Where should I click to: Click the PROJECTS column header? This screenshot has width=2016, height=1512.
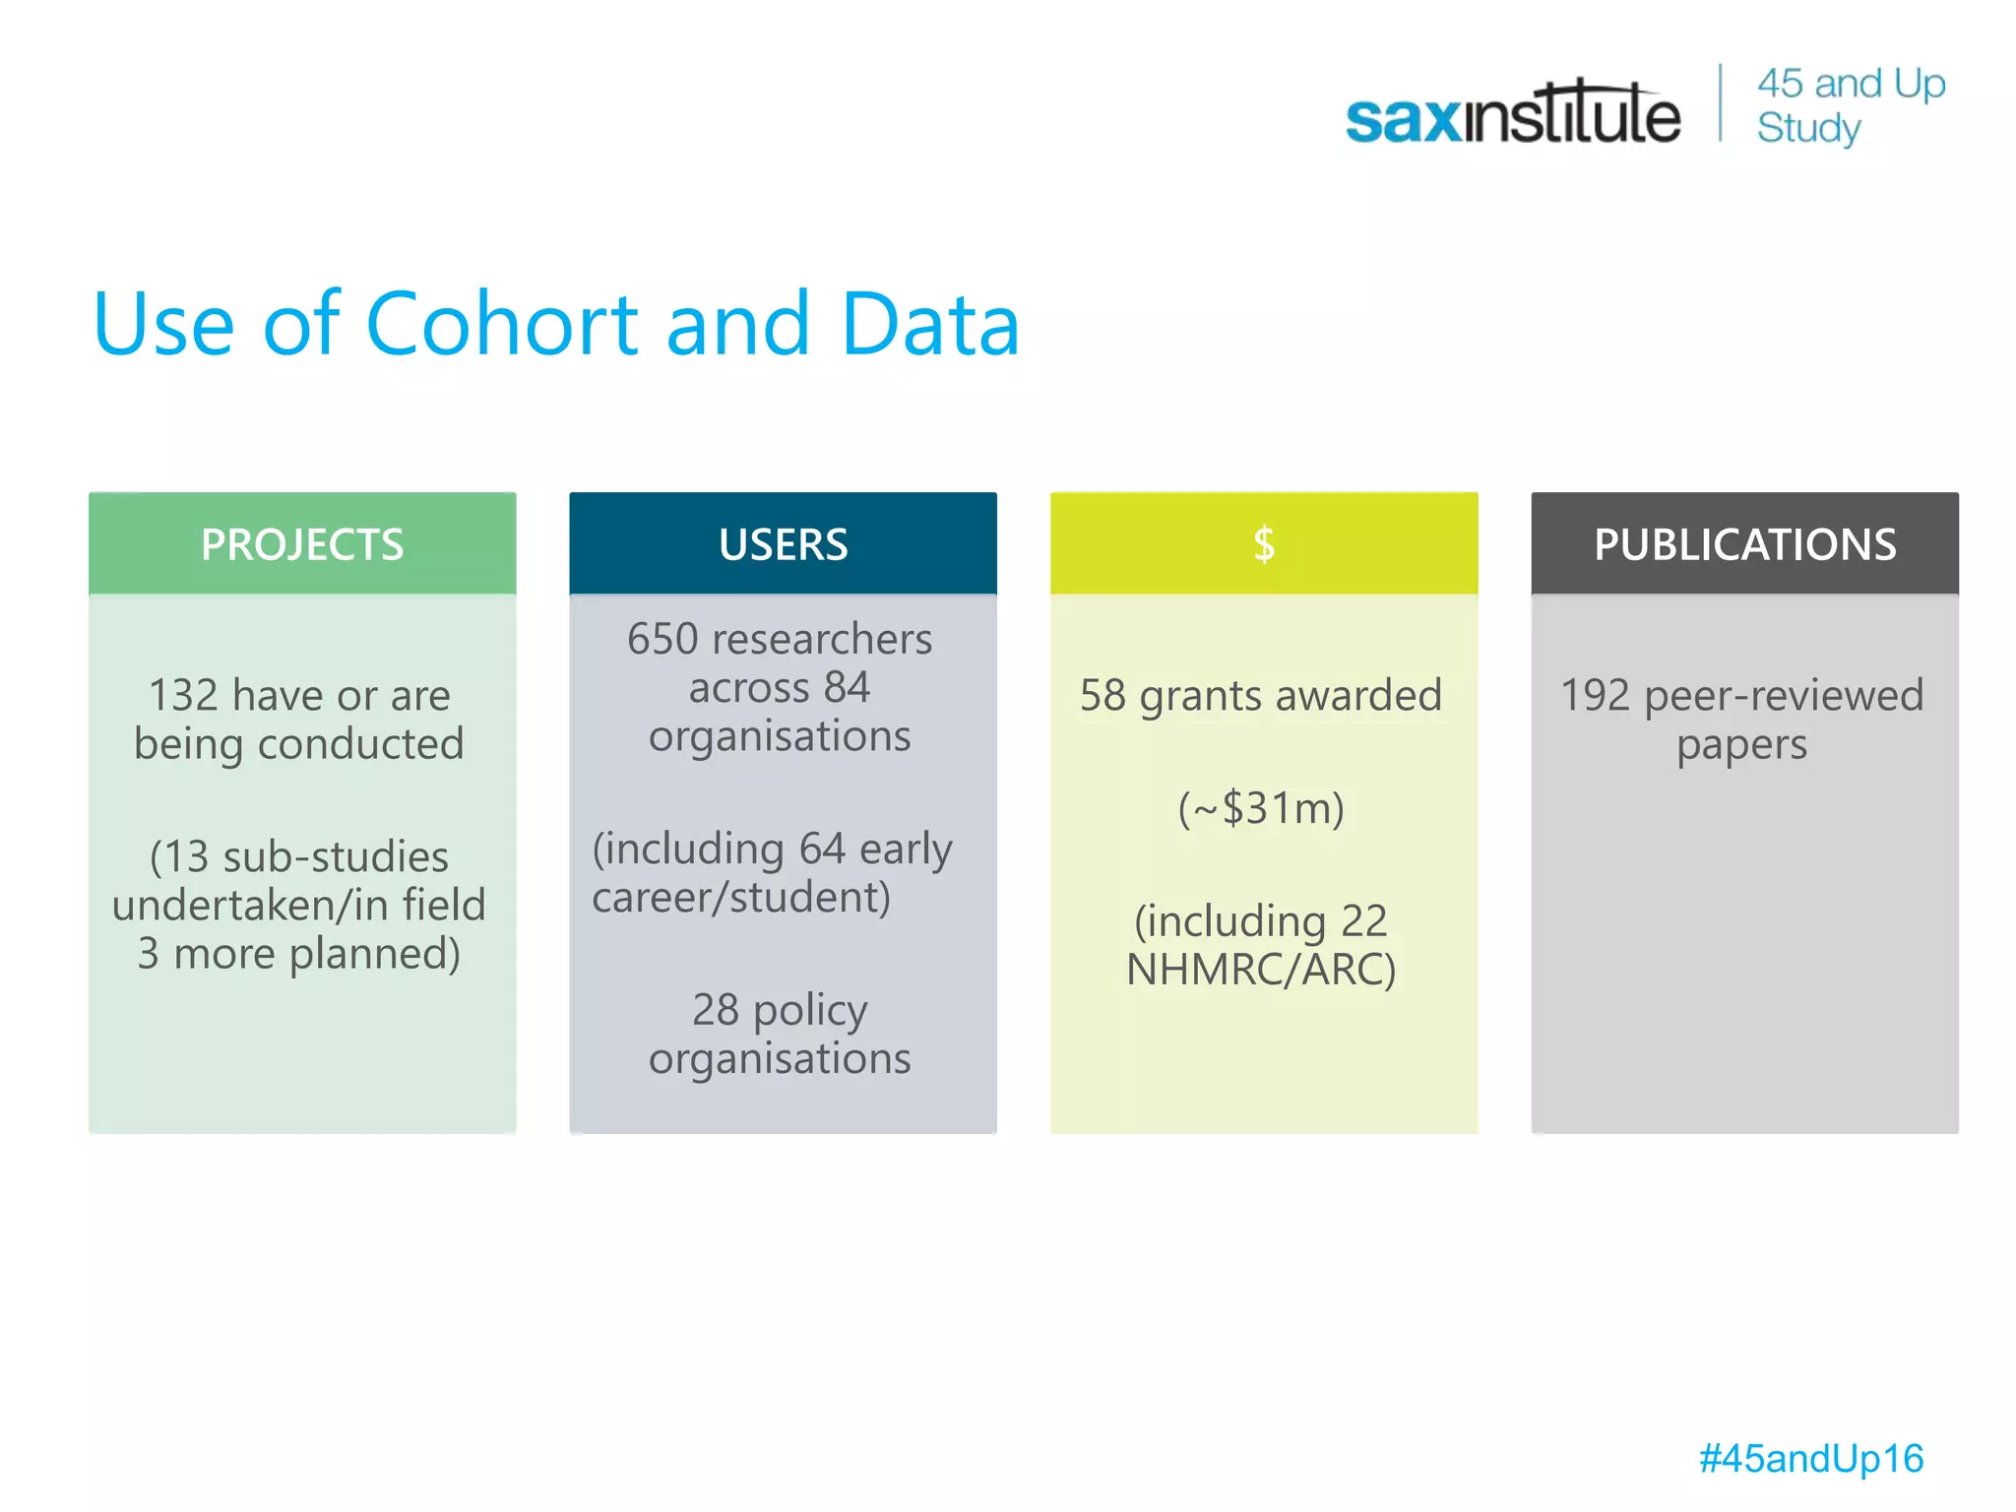[x=302, y=544]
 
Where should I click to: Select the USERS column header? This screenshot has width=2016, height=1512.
[x=783, y=544]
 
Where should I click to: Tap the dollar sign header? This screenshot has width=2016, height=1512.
[x=1264, y=544]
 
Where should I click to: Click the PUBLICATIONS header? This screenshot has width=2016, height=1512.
[x=1744, y=544]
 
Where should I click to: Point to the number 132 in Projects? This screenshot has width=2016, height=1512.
[x=183, y=696]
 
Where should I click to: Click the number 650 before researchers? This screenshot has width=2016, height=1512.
[x=662, y=640]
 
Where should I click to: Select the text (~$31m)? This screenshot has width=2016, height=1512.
[x=1261, y=809]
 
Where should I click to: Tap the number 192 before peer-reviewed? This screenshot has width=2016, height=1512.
[x=1596, y=696]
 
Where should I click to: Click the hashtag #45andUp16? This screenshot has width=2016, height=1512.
[x=1810, y=1459]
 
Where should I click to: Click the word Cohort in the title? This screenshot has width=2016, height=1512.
[x=503, y=324]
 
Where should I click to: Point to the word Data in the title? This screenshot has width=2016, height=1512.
[x=930, y=324]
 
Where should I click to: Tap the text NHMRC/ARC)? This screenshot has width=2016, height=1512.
[x=1261, y=970]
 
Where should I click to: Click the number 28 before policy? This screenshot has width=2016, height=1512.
[x=716, y=1010]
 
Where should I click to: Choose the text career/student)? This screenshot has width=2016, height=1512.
[x=741, y=898]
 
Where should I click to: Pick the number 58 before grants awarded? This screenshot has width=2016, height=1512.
[x=1102, y=696]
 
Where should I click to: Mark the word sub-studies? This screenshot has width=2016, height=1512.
[x=336, y=857]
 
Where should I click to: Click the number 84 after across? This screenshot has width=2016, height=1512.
[x=847, y=688]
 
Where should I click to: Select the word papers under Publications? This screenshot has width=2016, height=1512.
[x=1741, y=745]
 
